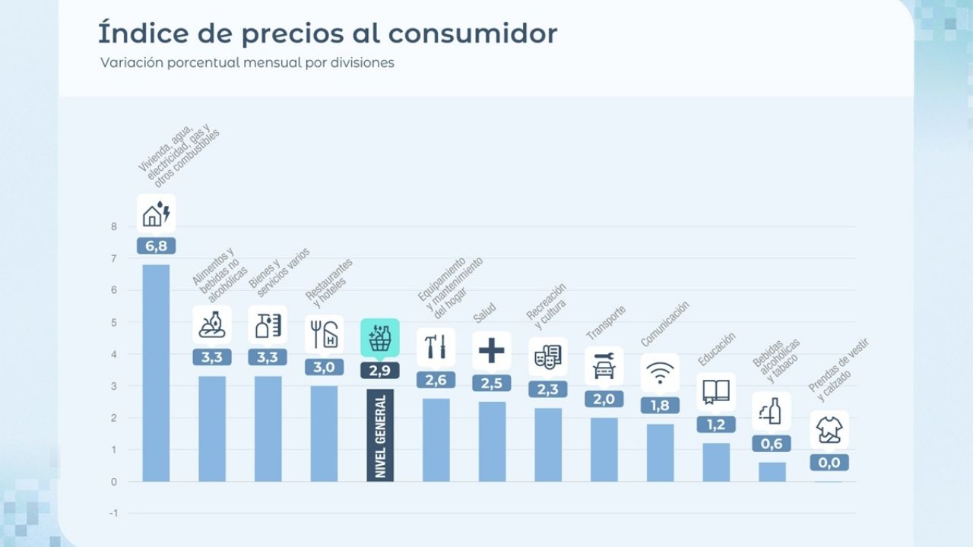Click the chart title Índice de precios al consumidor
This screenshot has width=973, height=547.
327,34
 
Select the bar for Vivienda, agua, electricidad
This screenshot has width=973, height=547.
156,372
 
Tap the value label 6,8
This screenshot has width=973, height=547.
156,245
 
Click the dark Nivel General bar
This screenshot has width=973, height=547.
380,435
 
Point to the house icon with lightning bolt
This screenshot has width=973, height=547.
156,213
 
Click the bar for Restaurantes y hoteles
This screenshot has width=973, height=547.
324,433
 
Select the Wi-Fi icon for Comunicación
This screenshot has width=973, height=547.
660,373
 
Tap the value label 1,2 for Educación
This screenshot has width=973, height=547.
716,425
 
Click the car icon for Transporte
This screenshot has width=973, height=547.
604,366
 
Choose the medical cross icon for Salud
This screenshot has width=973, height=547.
492,350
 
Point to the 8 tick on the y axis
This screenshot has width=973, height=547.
114,226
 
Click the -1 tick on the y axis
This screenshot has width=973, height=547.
113,514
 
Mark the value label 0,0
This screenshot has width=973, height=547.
829,462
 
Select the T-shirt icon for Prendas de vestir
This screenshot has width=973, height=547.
829,430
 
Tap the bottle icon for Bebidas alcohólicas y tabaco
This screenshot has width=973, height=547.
772,411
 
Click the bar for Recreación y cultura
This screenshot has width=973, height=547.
548,444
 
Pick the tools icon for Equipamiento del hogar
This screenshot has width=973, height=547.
436,347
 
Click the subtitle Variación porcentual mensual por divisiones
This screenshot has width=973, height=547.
247,63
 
